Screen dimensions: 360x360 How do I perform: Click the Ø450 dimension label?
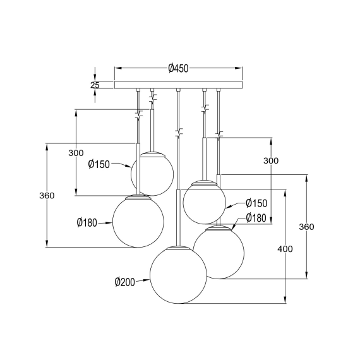[x=179, y=68]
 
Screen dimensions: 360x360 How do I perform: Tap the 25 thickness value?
[x=95, y=85]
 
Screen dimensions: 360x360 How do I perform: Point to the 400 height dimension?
[x=285, y=249]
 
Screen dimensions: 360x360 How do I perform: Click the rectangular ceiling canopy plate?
[x=179, y=85]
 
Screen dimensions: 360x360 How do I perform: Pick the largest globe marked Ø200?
[x=177, y=275]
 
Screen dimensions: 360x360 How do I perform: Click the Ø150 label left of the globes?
[x=100, y=164]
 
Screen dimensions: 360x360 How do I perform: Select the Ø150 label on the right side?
[x=257, y=203]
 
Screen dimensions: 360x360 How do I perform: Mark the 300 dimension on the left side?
[x=76, y=153]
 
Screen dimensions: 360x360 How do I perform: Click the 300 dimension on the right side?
[x=270, y=161]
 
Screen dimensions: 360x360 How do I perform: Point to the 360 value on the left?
[x=46, y=195]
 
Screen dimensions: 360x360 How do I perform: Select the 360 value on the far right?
[x=306, y=227]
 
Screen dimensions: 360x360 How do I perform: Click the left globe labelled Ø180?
[x=138, y=220]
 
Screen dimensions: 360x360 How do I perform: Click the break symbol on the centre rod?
[x=178, y=133]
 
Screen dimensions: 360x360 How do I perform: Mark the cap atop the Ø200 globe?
[x=177, y=247]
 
